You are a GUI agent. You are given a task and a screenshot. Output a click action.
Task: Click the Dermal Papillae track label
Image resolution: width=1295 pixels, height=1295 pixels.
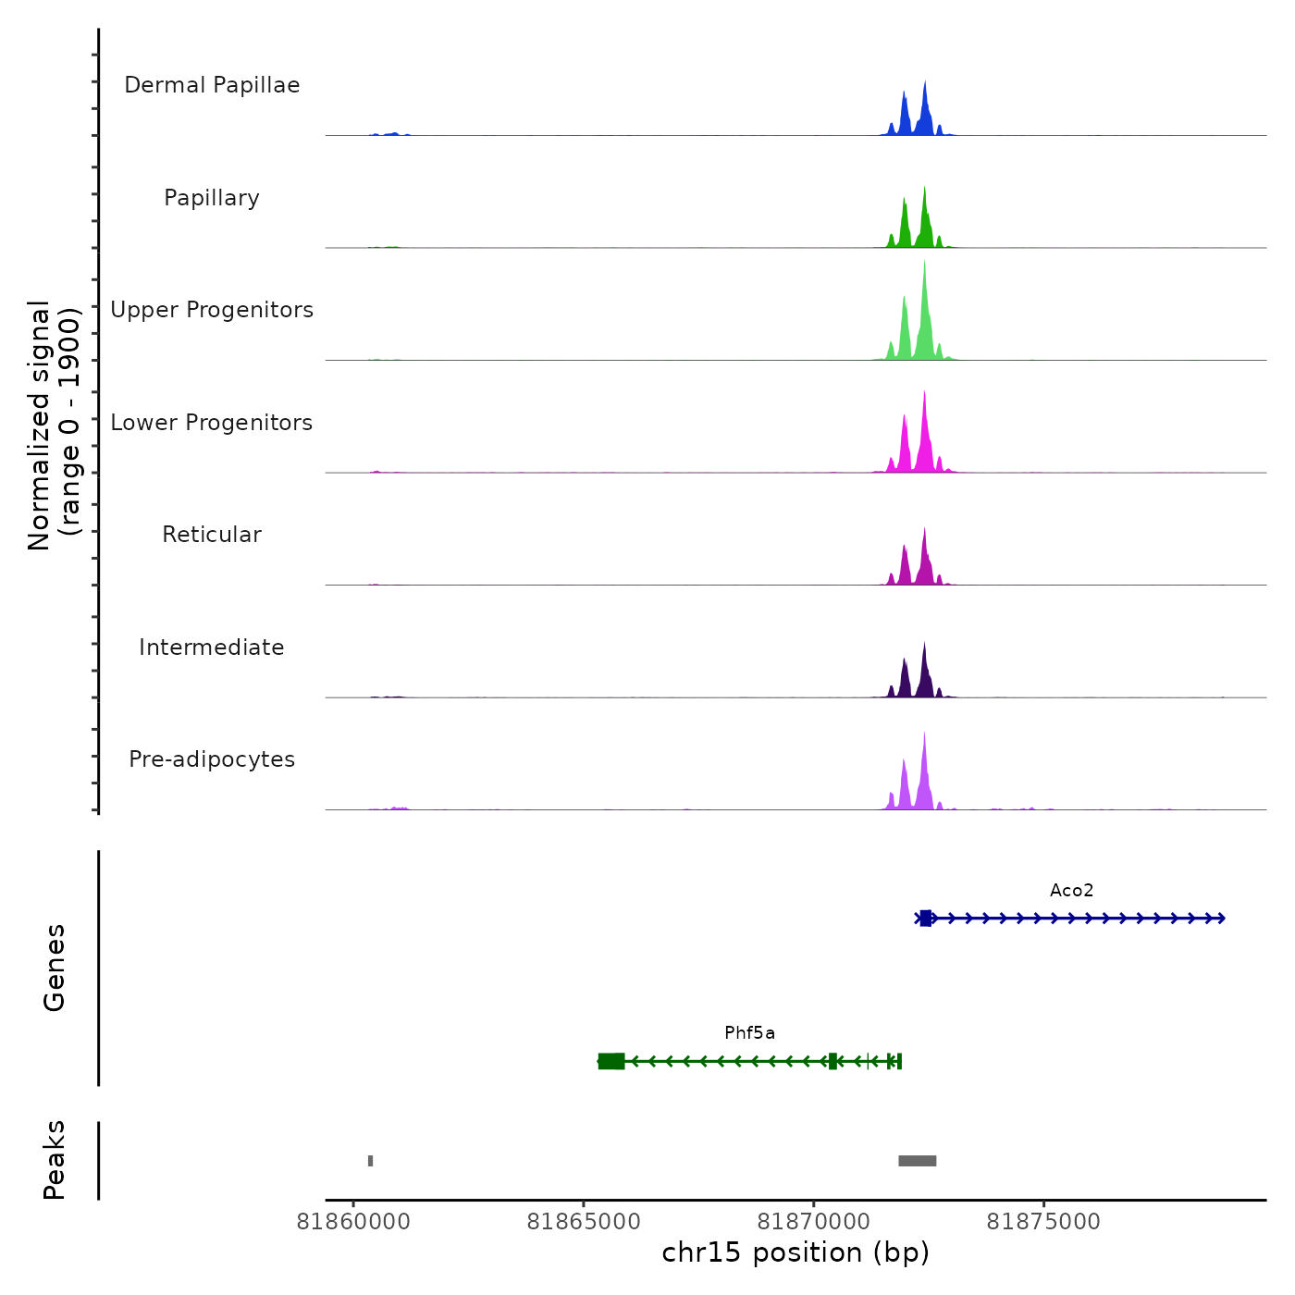click(x=212, y=85)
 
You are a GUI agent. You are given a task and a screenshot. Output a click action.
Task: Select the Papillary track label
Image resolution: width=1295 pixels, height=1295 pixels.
click(x=212, y=198)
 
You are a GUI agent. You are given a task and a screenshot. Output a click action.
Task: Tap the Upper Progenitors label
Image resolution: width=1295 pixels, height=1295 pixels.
click(x=212, y=310)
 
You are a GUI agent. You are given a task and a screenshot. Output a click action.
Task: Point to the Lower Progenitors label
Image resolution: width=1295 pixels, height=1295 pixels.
click(x=212, y=423)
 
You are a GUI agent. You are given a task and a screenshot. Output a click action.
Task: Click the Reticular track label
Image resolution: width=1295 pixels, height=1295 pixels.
click(x=212, y=535)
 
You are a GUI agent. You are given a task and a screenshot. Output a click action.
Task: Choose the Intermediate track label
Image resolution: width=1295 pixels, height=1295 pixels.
click(x=212, y=647)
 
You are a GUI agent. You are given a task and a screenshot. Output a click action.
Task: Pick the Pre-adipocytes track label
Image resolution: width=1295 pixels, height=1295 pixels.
click(x=212, y=759)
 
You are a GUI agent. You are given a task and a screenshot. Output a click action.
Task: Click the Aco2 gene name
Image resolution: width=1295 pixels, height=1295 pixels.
click(x=1071, y=891)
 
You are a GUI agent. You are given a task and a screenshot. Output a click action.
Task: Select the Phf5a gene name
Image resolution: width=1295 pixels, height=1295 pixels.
click(x=749, y=1033)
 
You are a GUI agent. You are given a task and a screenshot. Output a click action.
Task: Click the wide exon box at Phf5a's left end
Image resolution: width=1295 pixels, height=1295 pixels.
click(x=611, y=1061)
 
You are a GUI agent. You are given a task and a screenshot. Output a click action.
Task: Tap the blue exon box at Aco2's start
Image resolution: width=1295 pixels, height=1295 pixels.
click(x=925, y=919)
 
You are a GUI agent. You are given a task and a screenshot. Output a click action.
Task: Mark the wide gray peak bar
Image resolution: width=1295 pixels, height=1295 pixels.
click(x=917, y=1161)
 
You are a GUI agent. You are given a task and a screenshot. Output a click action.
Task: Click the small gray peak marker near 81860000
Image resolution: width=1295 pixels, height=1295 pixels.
click(x=370, y=1161)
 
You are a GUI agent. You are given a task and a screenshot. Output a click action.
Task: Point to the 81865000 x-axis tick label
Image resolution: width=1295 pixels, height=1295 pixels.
click(x=584, y=1222)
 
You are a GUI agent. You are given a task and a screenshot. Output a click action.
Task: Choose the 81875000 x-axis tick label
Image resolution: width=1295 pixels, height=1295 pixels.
click(x=1043, y=1222)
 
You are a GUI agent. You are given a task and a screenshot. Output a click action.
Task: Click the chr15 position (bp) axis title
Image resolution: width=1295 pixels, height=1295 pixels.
click(x=795, y=1252)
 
